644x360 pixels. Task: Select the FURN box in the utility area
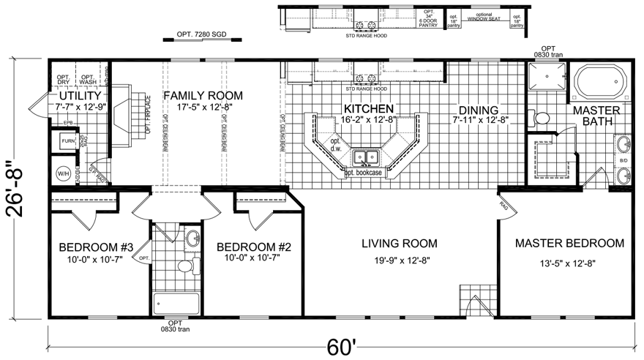point(67,140)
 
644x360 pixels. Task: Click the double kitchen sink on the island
point(364,157)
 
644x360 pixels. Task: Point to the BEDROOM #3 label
point(96,247)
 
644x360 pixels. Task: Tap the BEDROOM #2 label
point(254,247)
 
